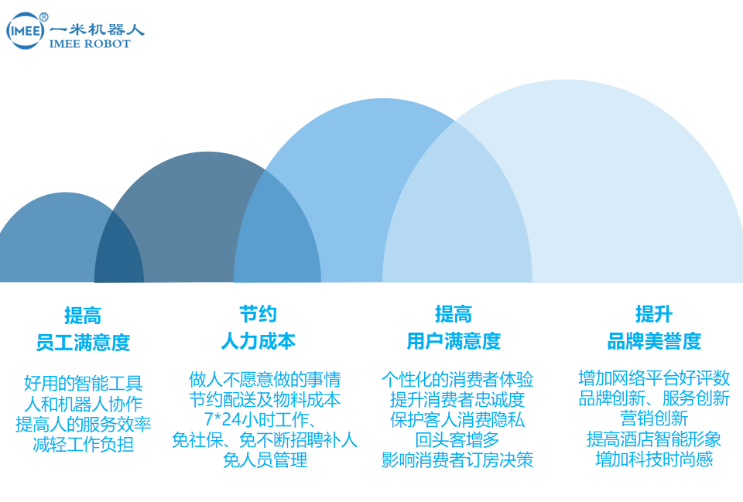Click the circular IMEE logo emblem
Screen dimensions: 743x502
click(25, 31)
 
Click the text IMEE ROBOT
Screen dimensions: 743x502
click(90, 44)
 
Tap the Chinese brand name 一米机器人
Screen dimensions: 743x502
click(97, 29)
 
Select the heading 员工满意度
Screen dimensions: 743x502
click(83, 343)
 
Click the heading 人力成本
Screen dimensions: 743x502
click(259, 341)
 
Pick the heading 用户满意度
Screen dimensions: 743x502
click(454, 341)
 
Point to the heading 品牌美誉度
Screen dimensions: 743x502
click(654, 341)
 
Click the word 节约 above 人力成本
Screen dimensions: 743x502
click(259, 314)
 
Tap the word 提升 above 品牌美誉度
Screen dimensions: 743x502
click(654, 314)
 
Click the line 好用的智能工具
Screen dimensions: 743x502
click(83, 383)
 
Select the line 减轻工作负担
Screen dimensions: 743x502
click(83, 444)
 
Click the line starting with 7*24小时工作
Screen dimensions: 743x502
click(260, 419)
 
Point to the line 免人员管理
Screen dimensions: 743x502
click(265, 460)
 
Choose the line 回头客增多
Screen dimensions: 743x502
click(457, 440)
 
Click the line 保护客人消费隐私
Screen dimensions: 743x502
click(457, 419)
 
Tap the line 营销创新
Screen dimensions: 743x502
click(654, 418)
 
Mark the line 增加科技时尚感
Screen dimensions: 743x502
click(654, 459)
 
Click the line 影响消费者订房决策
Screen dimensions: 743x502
click(457, 460)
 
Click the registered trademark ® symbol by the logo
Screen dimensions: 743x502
click(43, 17)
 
